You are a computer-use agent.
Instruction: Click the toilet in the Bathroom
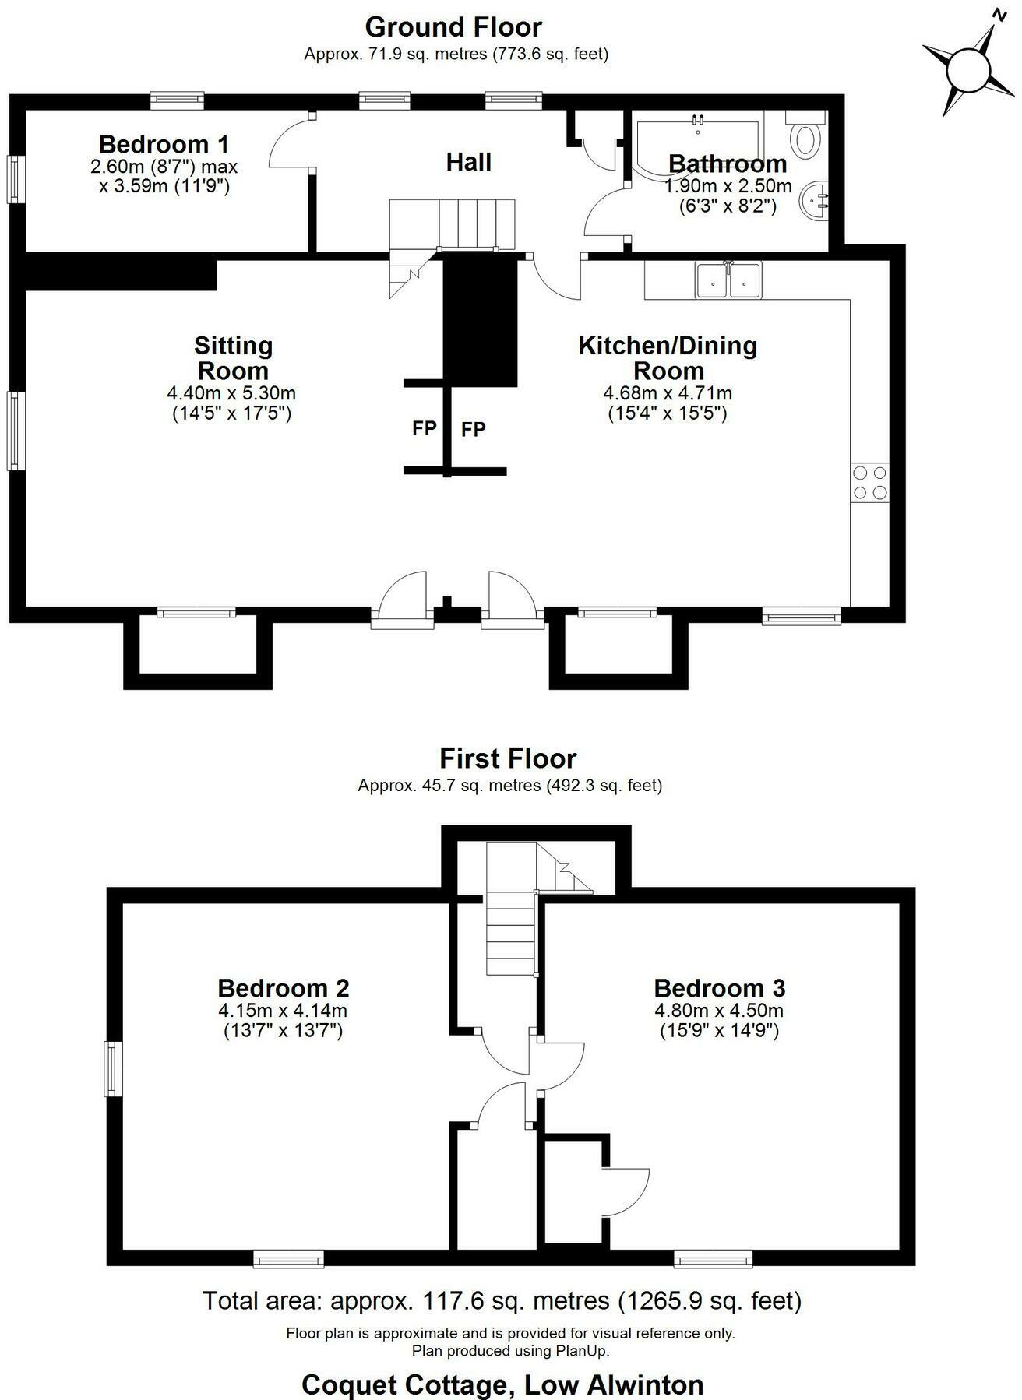point(805,135)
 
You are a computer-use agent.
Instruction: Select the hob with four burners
point(869,482)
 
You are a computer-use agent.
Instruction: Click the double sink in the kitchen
point(728,280)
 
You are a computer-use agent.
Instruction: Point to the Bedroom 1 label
point(164,144)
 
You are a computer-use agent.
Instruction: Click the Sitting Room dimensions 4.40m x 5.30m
point(231,394)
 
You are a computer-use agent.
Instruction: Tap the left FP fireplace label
point(424,428)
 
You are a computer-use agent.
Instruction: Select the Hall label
point(468,162)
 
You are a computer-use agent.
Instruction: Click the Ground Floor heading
point(453,27)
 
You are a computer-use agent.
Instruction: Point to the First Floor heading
point(508,758)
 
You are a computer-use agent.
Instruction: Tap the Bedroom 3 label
point(719,988)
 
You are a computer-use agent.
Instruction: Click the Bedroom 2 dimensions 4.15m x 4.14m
point(283,1011)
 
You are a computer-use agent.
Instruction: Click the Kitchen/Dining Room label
point(668,357)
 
